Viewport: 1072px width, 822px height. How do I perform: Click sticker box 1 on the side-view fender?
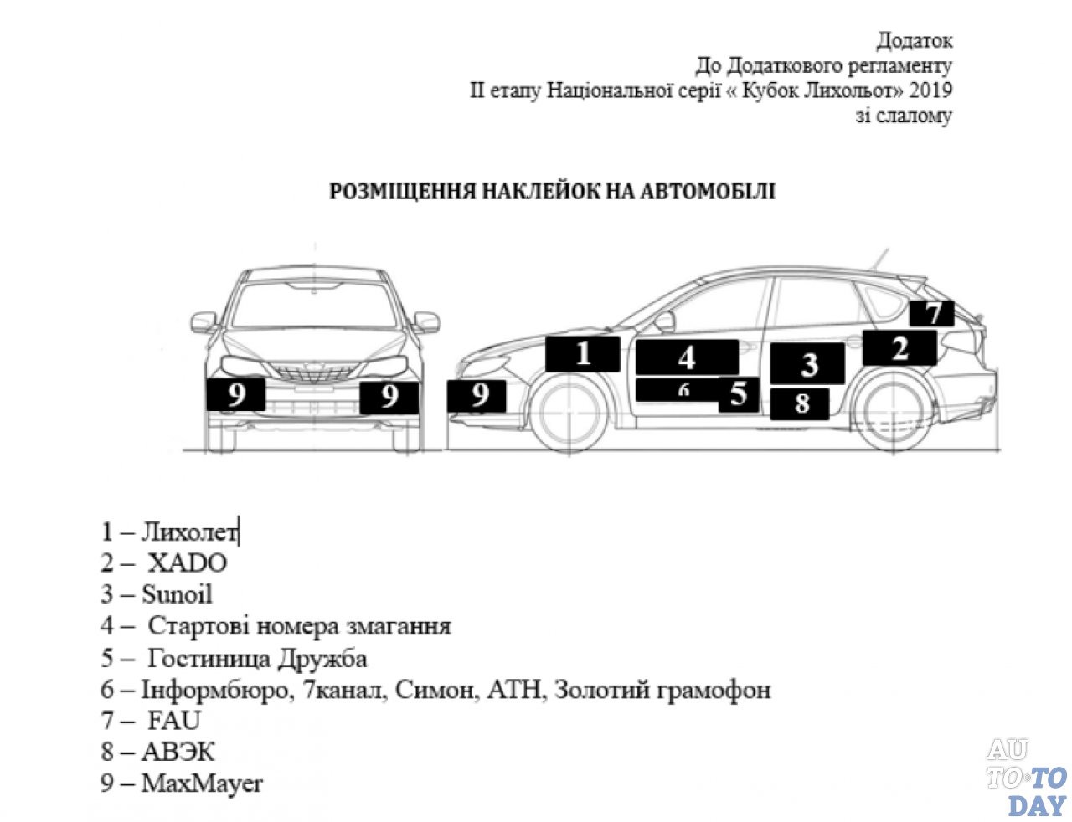[582, 352]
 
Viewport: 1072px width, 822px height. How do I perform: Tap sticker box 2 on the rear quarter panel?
[899, 347]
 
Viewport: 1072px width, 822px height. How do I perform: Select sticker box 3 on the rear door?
[807, 364]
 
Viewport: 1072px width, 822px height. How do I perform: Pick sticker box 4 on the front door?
[687, 357]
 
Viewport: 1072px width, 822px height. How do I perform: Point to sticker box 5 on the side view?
[738, 394]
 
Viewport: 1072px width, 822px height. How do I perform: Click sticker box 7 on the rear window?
[931, 313]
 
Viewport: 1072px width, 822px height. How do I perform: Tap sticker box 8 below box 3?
[800, 403]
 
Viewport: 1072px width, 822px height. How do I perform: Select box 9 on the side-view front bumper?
[477, 395]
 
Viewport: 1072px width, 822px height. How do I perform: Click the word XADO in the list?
[187, 563]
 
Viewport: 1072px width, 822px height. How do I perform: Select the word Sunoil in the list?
[177, 594]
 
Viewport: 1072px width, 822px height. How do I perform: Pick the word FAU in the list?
[174, 721]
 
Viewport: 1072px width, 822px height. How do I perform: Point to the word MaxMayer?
[202, 783]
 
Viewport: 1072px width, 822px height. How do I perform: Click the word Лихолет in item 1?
[189, 532]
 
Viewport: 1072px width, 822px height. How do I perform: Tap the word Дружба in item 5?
[322, 658]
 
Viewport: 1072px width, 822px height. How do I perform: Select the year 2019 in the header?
[930, 90]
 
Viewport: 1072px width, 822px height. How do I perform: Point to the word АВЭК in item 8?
[178, 752]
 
